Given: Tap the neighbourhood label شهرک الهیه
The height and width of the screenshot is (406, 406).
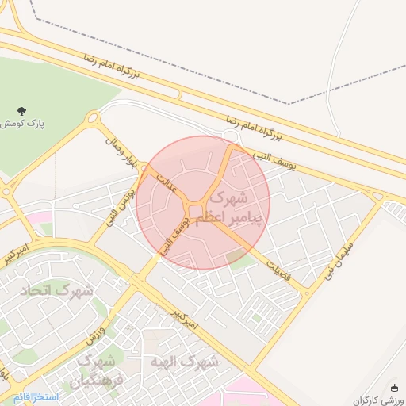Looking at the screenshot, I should pos(183,362).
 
